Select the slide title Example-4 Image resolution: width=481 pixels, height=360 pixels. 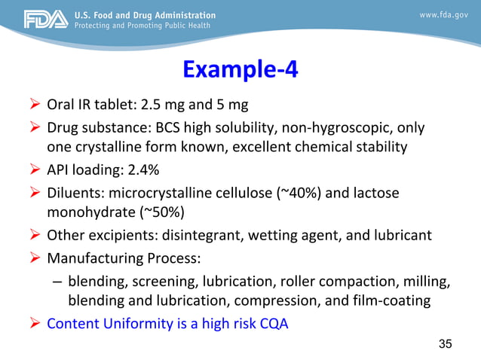tap(240, 69)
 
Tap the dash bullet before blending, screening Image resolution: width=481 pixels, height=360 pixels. tap(57, 283)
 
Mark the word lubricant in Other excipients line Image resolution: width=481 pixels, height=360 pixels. tap(402, 236)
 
